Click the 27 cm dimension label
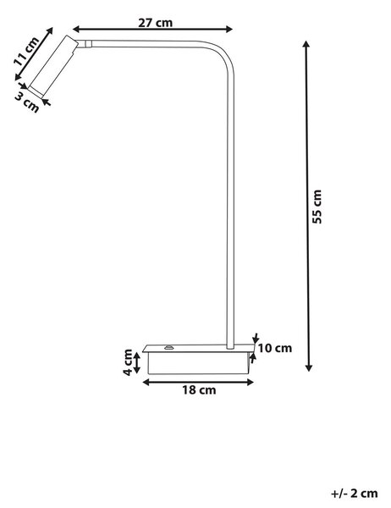pyautogui.click(x=155, y=23)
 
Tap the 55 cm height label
pyautogui.click(x=317, y=207)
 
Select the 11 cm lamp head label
pyautogui.click(x=26, y=52)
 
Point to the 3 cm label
pyautogui.click(x=28, y=102)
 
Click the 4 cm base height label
pyautogui.click(x=128, y=362)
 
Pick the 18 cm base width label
pyautogui.click(x=199, y=389)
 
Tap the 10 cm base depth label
pyautogui.click(x=275, y=348)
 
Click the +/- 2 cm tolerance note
pyautogui.click(x=354, y=494)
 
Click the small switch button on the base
pyautogui.click(x=168, y=348)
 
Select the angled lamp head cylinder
pyautogui.click(x=52, y=66)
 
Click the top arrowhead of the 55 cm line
pyautogui.click(x=306, y=43)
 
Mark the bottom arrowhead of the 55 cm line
pyautogui.click(x=309, y=367)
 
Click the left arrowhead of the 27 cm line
pyautogui.click(x=76, y=29)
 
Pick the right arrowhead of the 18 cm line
pyautogui.click(x=250, y=383)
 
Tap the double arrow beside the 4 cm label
pyautogui.click(x=137, y=362)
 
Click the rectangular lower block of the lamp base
pyautogui.click(x=199, y=363)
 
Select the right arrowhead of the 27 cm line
pyautogui.click(x=229, y=29)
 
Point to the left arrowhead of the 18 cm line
pyautogui.click(x=146, y=383)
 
